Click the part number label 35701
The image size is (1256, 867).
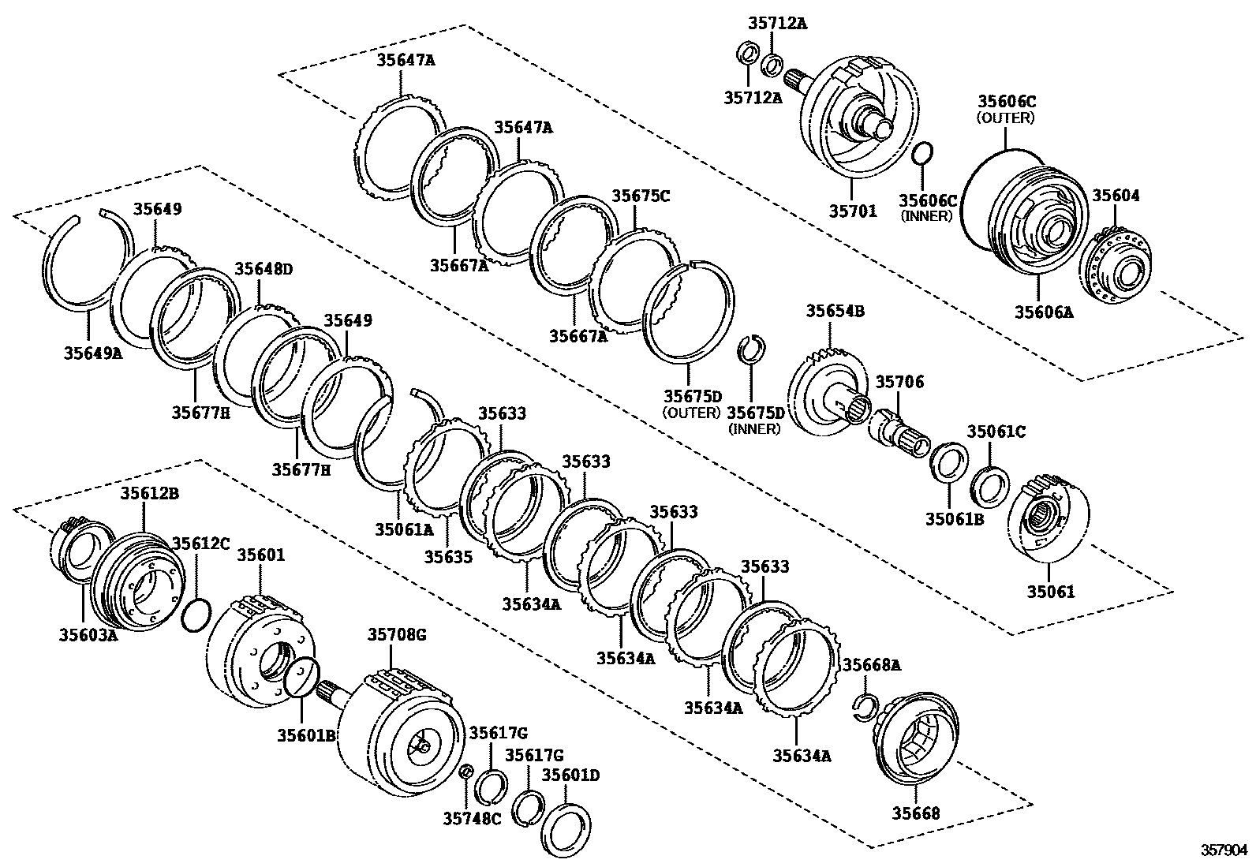click(x=852, y=212)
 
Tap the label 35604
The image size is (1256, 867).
click(x=1115, y=196)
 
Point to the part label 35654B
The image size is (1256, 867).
click(x=835, y=311)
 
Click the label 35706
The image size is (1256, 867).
click(x=899, y=382)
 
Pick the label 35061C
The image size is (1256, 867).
click(x=996, y=431)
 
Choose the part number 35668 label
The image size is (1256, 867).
click(x=916, y=813)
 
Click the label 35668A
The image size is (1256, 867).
click(x=870, y=665)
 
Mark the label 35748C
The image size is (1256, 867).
click(x=472, y=818)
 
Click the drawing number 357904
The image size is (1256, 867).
click(x=1224, y=850)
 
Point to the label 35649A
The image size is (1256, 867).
click(x=93, y=353)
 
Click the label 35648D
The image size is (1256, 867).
click(x=264, y=269)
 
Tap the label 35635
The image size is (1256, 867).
click(x=448, y=557)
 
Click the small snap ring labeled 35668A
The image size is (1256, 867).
click(x=865, y=708)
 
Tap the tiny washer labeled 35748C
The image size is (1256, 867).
click(x=465, y=771)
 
